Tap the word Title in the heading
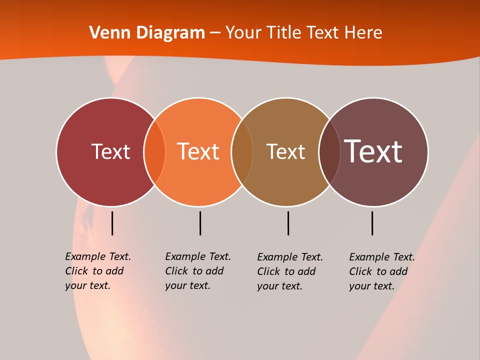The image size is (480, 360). pos(283,32)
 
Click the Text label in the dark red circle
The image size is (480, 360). pos(110,151)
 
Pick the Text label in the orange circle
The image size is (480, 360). pos(198,151)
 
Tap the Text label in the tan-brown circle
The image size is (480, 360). pos(285,151)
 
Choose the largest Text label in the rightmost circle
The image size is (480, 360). pos(373,151)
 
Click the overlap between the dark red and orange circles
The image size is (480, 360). pos(154,151)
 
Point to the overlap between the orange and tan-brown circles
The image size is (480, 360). pos(242,151)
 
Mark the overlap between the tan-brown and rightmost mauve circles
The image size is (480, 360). pos(329,151)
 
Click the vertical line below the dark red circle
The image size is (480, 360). pos(112,223)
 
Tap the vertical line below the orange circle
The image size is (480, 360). pos(200,223)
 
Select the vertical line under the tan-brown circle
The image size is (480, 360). pos(288,223)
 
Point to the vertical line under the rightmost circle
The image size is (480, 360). pos(372,223)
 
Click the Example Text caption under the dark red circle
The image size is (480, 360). pos(97,271)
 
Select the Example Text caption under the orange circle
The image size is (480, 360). pos(197,271)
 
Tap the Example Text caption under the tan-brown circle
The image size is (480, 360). pos(289,271)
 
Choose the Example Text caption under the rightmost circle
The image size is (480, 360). pos(381,271)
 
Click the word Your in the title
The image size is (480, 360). pos(243,32)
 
